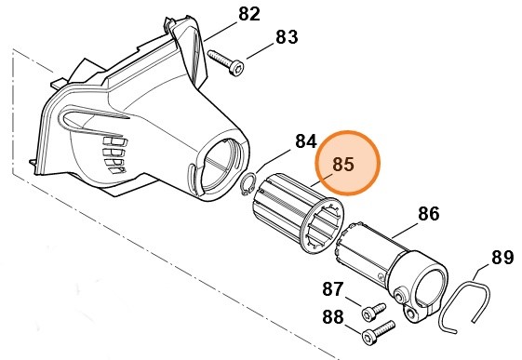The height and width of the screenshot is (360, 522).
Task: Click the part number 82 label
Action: coord(249,14)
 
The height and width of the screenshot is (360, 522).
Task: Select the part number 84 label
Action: coord(306,141)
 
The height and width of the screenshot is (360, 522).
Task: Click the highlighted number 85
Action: coord(343,165)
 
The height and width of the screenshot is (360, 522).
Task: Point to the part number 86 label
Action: coord(428,213)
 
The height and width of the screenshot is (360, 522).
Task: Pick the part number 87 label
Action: coord(333,289)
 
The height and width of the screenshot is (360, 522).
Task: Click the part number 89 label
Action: coord(502,256)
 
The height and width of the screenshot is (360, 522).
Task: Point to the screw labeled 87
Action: coord(373,308)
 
